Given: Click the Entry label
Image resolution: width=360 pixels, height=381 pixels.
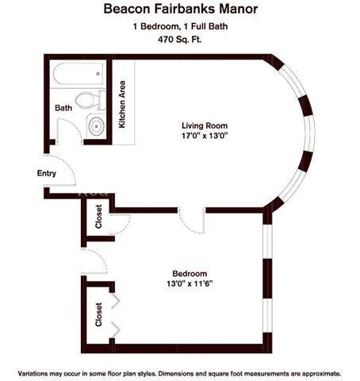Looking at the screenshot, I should point(47,172).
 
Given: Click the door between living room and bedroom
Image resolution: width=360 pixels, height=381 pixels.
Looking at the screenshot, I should point(195,222).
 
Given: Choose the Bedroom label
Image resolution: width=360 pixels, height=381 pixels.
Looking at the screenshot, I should point(190,272).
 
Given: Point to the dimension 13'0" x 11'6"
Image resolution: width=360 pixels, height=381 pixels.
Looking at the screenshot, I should point(190,283).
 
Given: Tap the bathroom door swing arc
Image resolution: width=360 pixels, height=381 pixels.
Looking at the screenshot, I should point(70,129).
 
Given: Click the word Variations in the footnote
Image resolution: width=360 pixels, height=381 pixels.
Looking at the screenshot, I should point(34,372).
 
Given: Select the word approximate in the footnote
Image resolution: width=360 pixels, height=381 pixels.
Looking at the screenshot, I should point(318,372).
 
